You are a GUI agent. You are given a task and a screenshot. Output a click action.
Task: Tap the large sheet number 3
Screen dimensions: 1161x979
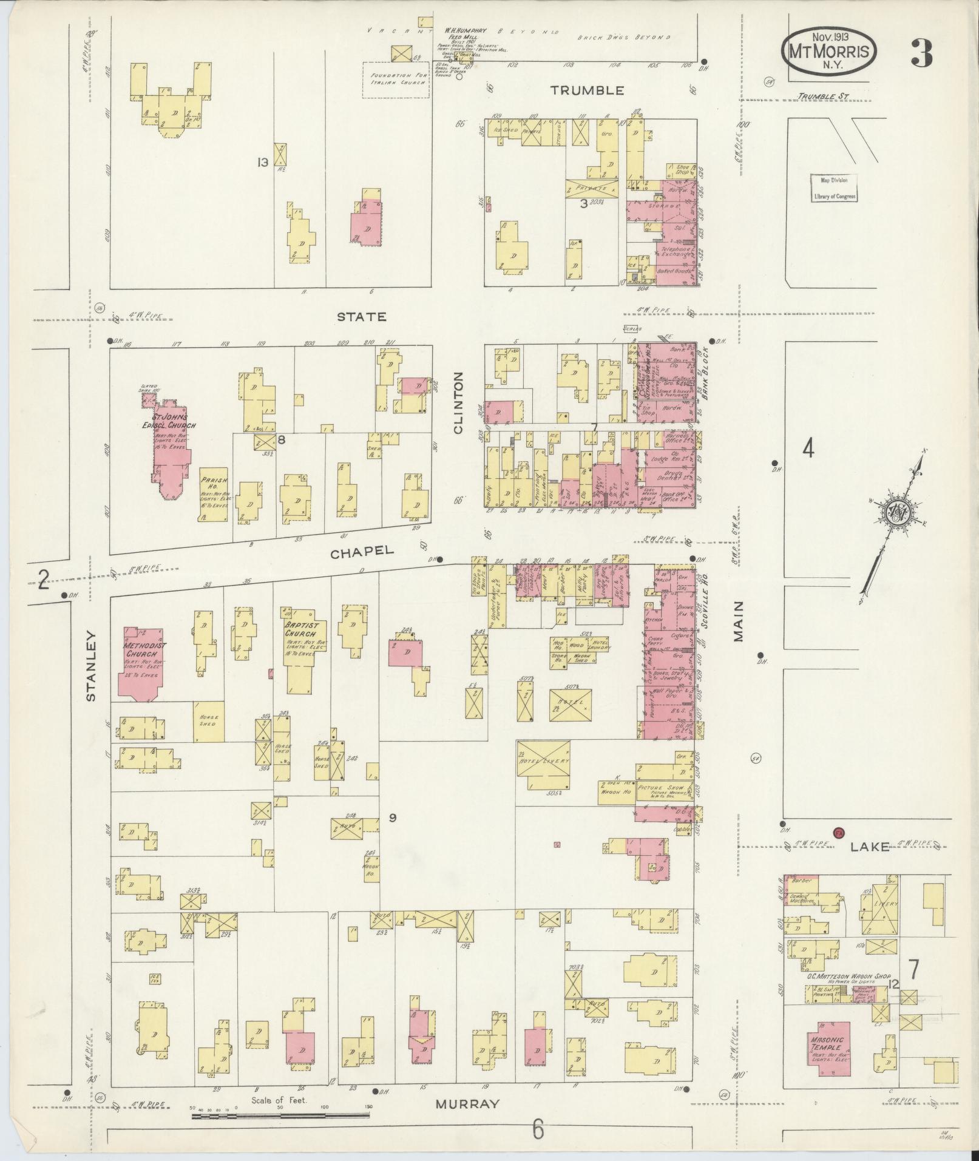(921, 54)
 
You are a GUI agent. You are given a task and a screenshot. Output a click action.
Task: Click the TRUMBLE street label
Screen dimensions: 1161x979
(587, 90)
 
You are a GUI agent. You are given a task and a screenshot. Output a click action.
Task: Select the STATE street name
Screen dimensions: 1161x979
(362, 317)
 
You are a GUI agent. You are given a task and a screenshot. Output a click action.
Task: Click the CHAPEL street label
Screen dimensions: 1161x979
(362, 551)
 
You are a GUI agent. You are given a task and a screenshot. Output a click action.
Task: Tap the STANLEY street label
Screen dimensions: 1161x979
(92, 666)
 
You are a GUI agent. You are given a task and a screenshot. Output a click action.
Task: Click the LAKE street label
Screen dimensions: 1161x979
(870, 847)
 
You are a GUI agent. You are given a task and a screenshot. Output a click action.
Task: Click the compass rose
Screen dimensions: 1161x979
(895, 513)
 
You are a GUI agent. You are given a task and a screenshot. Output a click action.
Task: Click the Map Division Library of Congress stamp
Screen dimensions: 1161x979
(835, 188)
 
